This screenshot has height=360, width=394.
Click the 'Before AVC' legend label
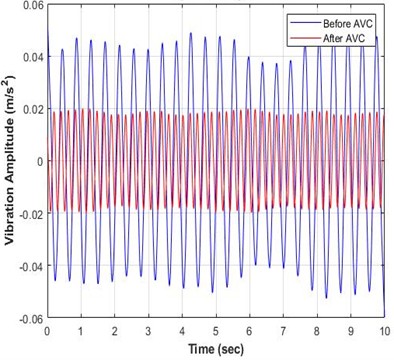coord(343,20)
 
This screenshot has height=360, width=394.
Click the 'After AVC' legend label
coord(340,33)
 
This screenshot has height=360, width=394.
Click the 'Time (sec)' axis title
coord(215,348)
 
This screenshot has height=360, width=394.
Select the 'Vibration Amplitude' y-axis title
coord(9,162)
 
